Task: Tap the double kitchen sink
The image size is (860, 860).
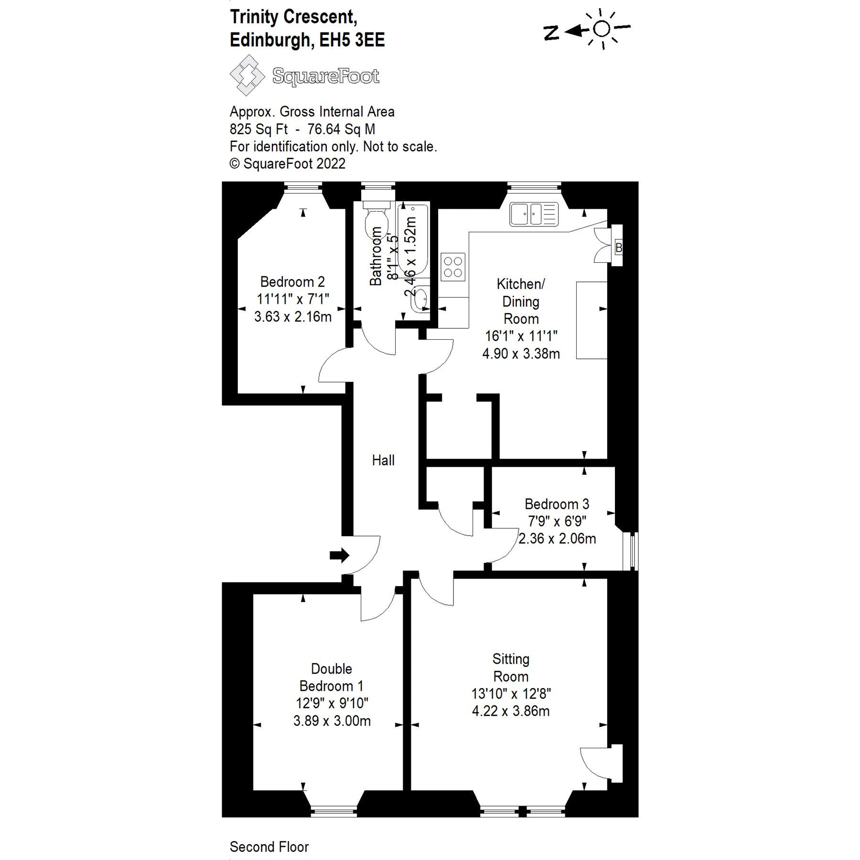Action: tap(534, 214)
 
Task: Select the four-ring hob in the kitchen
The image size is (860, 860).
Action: tap(452, 267)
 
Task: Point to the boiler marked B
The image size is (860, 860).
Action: tap(618, 247)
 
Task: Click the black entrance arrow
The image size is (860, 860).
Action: tap(339, 555)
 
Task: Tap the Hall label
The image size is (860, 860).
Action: tap(383, 460)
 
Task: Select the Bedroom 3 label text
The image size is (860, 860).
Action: tap(557, 504)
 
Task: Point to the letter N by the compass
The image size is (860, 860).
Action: tap(551, 32)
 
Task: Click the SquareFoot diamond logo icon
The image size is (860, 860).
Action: tap(247, 75)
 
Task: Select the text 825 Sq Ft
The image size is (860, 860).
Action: tap(258, 129)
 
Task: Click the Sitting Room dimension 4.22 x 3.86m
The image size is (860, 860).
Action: tap(511, 711)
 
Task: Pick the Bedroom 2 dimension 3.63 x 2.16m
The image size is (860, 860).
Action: tap(293, 316)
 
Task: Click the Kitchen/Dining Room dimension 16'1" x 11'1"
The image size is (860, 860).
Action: tap(521, 336)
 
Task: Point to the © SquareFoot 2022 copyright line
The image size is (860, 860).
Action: tap(287, 163)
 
